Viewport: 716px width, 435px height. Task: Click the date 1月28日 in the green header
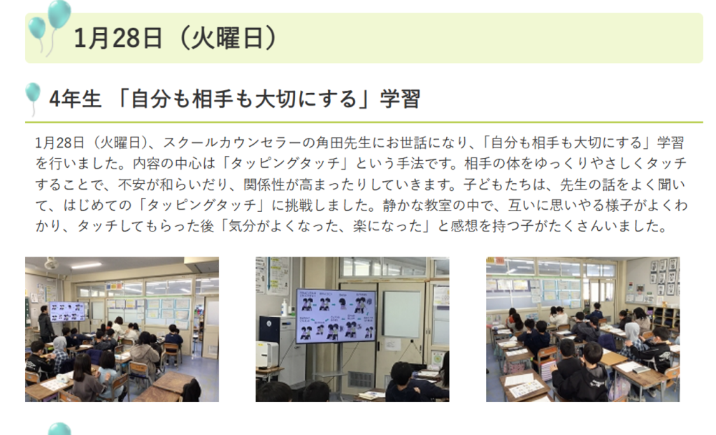coord(117,38)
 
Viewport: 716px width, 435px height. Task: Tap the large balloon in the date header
coord(59,14)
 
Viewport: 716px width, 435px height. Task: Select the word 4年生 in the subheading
coord(75,99)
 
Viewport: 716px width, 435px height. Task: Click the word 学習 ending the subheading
coord(400,99)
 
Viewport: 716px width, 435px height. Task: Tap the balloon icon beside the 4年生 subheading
coord(33,92)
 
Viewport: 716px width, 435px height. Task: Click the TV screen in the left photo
coord(68,311)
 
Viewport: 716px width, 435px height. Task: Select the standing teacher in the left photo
coord(46,324)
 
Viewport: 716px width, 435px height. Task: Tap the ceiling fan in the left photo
coord(50,264)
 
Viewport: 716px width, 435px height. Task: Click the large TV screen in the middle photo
coord(336,315)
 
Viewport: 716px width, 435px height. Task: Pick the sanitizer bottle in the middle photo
coord(285,308)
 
